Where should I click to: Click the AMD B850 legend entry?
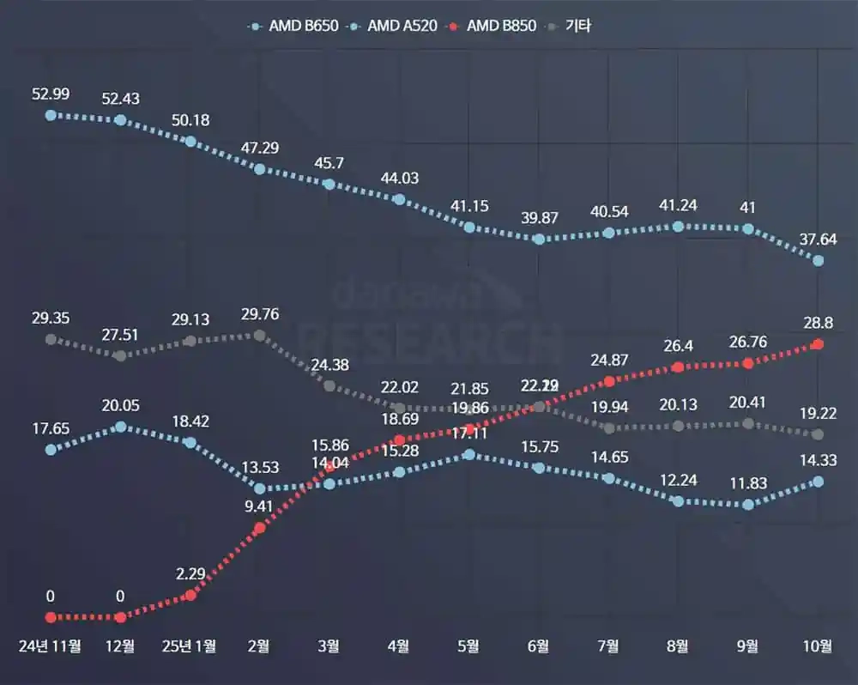point(501,26)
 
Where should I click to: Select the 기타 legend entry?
point(578,26)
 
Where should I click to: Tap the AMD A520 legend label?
point(402,26)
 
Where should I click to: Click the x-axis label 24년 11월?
point(51,646)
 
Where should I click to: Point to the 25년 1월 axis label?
point(190,646)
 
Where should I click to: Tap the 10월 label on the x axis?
point(818,646)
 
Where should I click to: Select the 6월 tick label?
point(538,646)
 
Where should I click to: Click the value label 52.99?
point(51,94)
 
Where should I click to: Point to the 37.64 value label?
point(818,239)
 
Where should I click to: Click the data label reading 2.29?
point(190,573)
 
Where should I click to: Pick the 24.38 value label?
point(329,364)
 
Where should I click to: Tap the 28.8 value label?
point(818,323)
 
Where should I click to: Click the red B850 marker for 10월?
point(818,344)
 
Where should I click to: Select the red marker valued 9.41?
point(260,528)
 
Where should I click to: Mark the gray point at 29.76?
point(260,335)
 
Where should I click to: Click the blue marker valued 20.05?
point(120,426)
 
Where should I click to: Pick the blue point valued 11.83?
point(748,505)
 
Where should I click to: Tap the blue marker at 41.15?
point(468,227)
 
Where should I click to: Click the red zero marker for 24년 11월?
point(51,617)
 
